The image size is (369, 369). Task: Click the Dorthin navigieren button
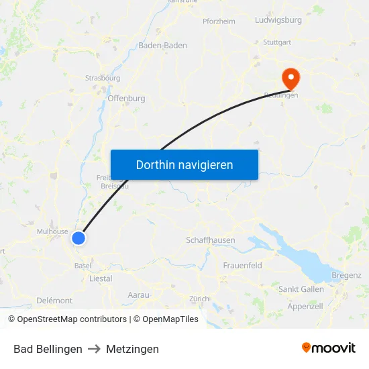tap(184, 164)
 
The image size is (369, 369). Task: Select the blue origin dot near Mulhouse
tap(78, 238)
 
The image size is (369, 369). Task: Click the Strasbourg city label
tap(103, 78)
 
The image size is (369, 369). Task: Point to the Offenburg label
tap(126, 98)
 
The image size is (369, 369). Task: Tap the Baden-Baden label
tap(162, 46)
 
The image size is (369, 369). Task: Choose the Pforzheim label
tap(219, 21)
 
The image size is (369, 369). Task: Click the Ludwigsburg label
tap(278, 20)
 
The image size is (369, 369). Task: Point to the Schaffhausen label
tap(210, 240)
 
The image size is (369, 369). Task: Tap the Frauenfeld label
tap(242, 266)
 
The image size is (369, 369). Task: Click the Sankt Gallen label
tap(301, 289)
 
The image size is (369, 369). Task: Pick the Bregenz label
tap(346, 275)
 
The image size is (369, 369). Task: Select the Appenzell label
tap(305, 306)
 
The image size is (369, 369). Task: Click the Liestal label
tap(101, 278)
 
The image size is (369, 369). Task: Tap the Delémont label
tap(54, 300)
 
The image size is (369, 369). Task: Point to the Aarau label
tap(139, 295)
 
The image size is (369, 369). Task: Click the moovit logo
tap(328, 348)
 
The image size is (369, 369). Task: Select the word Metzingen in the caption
tap(132, 349)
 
